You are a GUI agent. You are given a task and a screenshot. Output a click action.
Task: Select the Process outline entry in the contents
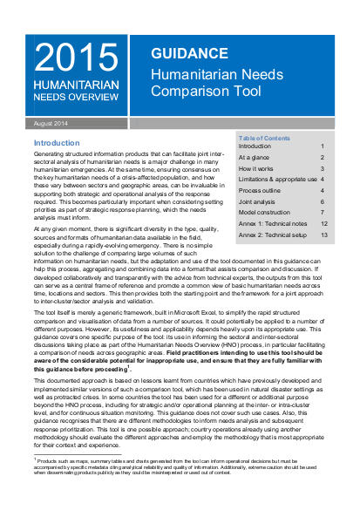pos(260,190)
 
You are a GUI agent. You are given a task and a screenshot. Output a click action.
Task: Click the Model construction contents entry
pos(265,212)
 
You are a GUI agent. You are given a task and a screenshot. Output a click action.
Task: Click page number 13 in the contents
pos(323,235)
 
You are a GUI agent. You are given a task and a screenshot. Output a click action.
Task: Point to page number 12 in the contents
pos(323,223)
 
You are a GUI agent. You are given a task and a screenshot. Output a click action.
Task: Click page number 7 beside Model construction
pos(322,212)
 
